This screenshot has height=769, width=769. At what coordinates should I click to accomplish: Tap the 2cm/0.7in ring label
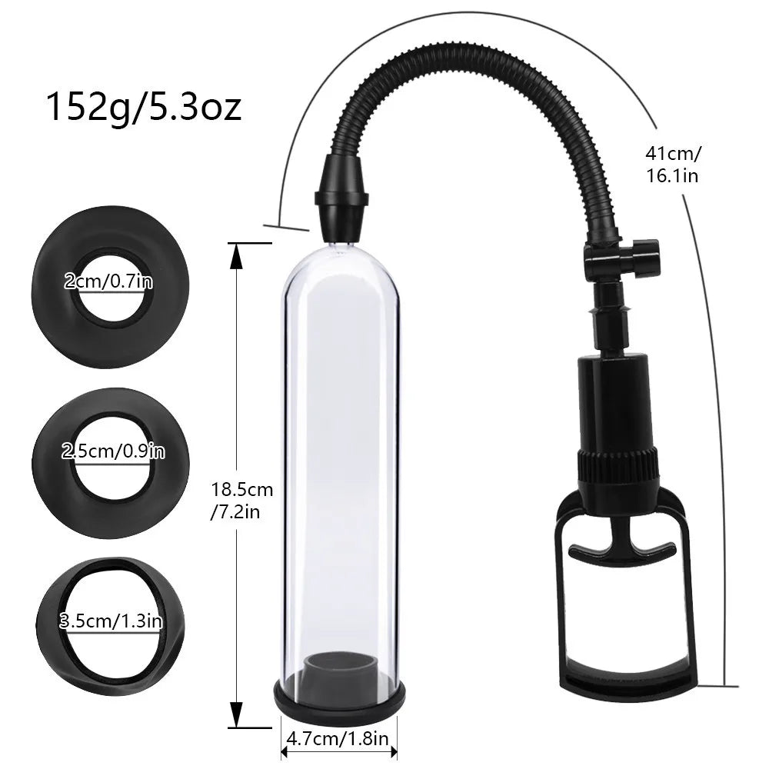[x=108, y=281]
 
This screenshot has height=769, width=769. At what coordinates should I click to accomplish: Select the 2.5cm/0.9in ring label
[x=113, y=451]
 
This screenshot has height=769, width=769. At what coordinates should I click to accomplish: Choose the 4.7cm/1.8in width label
[x=338, y=740]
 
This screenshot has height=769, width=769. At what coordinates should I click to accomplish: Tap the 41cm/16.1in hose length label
[x=673, y=164]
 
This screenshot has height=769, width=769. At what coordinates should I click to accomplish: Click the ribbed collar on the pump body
[x=618, y=465]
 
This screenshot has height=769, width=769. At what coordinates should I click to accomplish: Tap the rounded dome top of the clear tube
[x=339, y=258]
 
